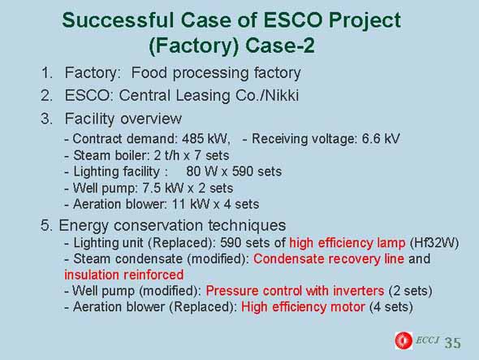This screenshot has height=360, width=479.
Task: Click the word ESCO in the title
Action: coord(292,20)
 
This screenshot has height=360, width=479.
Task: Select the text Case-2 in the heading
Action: coord(279,46)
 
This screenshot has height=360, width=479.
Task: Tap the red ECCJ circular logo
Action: coord(403,340)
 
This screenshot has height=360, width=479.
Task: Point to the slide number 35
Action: coord(452,343)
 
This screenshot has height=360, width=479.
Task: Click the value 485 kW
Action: coord(205,139)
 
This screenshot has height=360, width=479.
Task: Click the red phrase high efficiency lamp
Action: coord(347,243)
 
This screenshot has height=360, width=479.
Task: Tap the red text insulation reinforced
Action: coord(124,275)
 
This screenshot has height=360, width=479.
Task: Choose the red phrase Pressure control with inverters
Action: coord(295,291)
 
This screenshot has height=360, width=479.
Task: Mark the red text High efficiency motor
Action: coord(303,307)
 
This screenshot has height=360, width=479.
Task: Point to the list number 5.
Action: coord(45,225)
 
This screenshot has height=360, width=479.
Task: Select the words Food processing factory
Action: coord(216,73)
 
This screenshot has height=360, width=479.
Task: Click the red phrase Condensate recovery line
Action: coord(329,258)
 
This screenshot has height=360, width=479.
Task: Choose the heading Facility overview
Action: coord(123,119)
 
